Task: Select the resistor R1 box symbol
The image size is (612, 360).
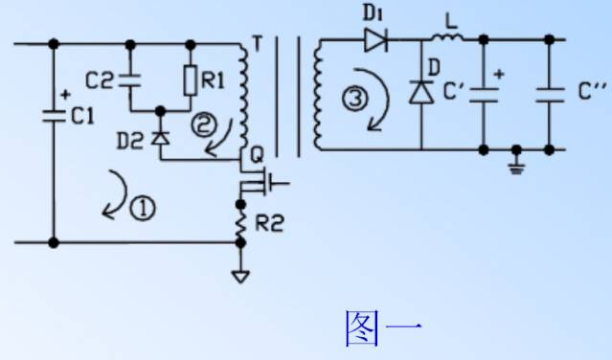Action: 190,82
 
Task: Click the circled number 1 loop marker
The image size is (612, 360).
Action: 142,210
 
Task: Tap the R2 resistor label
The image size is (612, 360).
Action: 271,225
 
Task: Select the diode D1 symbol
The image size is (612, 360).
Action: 375,41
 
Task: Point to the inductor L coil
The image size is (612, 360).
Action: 446,39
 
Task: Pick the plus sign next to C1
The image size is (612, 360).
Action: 65,95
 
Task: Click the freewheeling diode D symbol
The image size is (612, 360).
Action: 420,92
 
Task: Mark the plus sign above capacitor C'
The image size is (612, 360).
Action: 500,73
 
